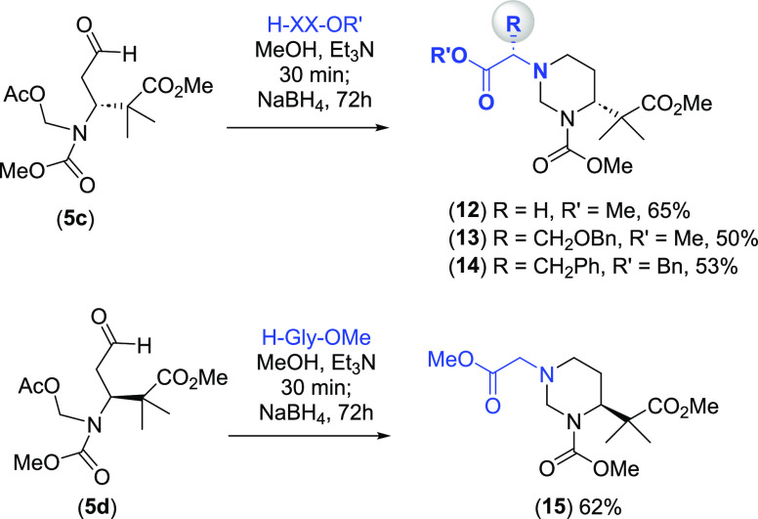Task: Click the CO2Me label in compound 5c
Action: pyautogui.click(x=182, y=85)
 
